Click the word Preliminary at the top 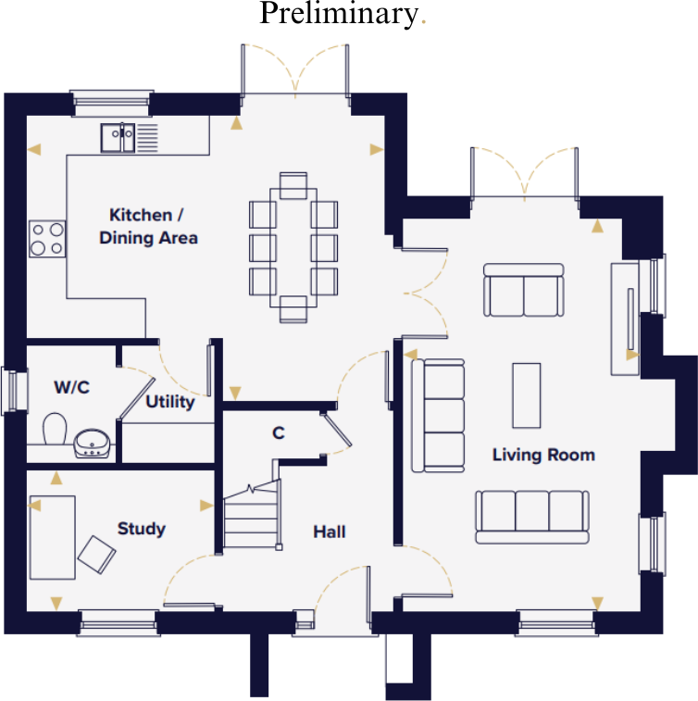click(338, 14)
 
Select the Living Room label click(542, 455)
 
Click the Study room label click(141, 529)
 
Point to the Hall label click(329, 532)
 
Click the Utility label click(170, 402)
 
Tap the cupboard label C click(277, 432)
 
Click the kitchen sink click(118, 137)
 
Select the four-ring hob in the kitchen click(47, 238)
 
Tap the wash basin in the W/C click(93, 444)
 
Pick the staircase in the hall click(250, 519)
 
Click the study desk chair click(97, 555)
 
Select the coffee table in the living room click(526, 395)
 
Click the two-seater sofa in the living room click(524, 291)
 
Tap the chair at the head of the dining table click(293, 185)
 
